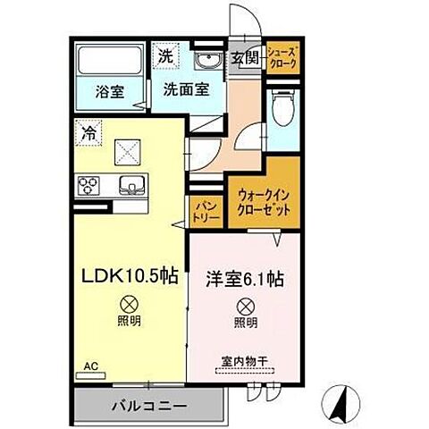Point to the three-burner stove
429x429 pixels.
point(90,186)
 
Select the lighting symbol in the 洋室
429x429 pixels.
point(246,304)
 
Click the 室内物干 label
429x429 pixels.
point(244,361)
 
